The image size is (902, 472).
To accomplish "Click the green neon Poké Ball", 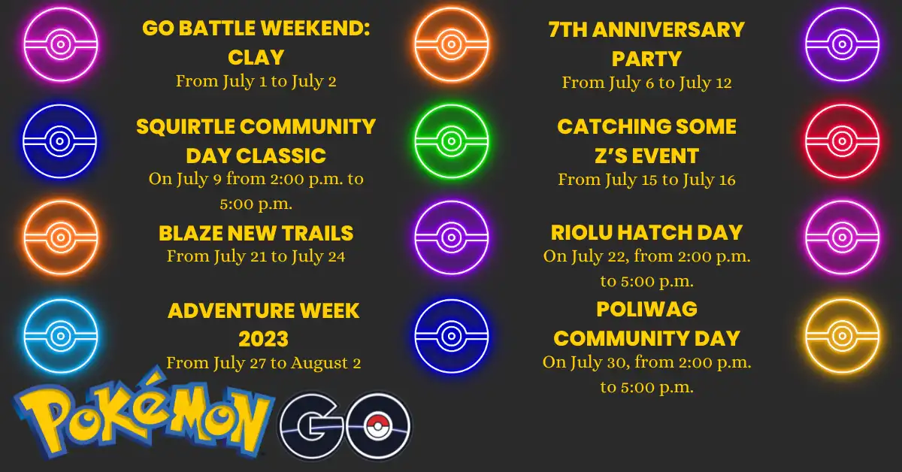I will [451, 141].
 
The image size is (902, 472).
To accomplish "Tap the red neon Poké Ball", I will [841, 141].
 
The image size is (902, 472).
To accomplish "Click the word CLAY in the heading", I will [256, 58].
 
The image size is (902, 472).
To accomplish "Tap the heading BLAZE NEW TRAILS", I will [256, 233].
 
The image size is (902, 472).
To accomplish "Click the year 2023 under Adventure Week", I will [263, 339].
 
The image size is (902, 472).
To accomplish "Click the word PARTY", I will [646, 59].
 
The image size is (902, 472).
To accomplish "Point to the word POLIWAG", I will [646, 309].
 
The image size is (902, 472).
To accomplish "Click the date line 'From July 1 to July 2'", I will [256, 81].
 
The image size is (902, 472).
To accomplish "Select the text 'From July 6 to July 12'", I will [646, 83].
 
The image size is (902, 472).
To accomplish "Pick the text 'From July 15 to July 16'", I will [646, 180].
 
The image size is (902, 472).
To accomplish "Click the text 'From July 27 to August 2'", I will [263, 364].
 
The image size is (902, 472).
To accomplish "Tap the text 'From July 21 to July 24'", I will [256, 257].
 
